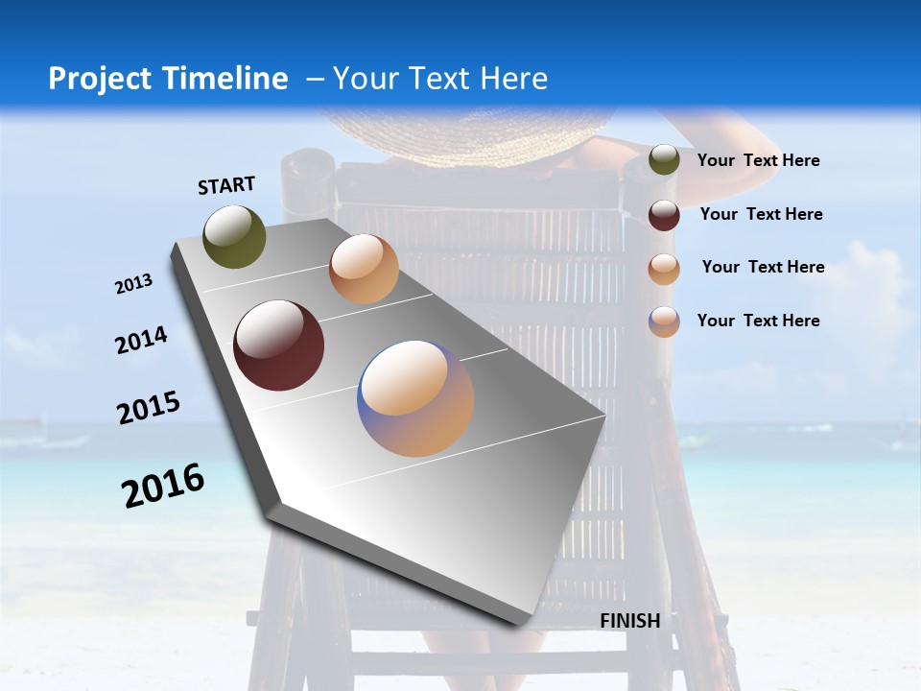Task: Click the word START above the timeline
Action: coord(226,185)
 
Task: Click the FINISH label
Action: coord(629,621)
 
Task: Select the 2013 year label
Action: coord(133,284)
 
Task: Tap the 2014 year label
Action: coord(141,341)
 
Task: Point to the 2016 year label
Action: coord(163,486)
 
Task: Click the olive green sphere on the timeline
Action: coord(234,236)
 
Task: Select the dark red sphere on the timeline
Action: coord(279,345)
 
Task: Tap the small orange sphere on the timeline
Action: coord(364,269)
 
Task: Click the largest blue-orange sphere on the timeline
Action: coord(415,398)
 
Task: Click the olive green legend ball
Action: coord(664,160)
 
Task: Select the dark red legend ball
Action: coord(664,215)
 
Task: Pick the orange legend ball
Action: coord(664,269)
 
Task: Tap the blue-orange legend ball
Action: coord(664,322)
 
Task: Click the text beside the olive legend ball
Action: coord(758,161)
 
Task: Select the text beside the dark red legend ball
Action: coord(761,214)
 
